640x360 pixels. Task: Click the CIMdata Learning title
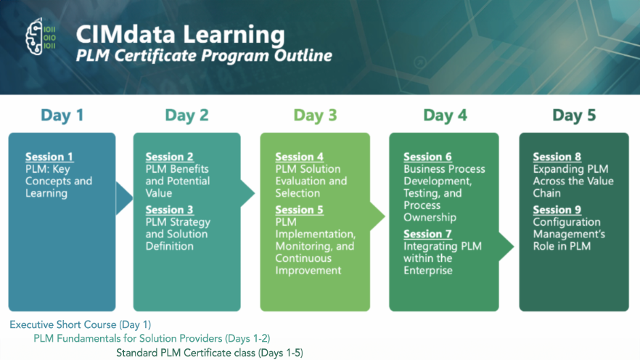click(180, 34)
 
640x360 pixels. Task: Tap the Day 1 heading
click(62, 115)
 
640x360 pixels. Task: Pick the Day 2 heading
click(186, 115)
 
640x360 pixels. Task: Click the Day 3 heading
click(315, 115)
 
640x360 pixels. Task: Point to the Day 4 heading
click(444, 115)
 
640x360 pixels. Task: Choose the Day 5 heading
click(574, 115)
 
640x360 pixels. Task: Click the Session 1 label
click(49, 157)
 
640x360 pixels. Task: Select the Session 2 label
click(170, 157)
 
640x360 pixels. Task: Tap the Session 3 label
click(170, 210)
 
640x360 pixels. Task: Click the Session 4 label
click(300, 157)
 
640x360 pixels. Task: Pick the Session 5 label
click(300, 210)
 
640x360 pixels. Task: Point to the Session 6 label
click(428, 157)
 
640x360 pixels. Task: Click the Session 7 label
click(428, 234)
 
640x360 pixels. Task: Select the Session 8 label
click(557, 157)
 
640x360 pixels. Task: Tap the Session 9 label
click(557, 210)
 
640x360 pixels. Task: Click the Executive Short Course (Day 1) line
click(81, 324)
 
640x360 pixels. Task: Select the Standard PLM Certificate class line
click(210, 353)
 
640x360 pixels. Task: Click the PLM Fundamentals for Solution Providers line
click(152, 338)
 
